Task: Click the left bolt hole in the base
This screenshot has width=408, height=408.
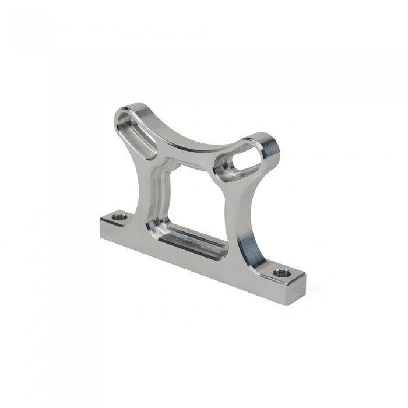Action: (x=120, y=217)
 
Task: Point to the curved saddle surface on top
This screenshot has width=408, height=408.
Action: (x=192, y=140)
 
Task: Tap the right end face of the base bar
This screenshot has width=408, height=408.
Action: (x=297, y=290)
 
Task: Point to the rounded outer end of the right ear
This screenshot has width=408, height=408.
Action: (x=270, y=149)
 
